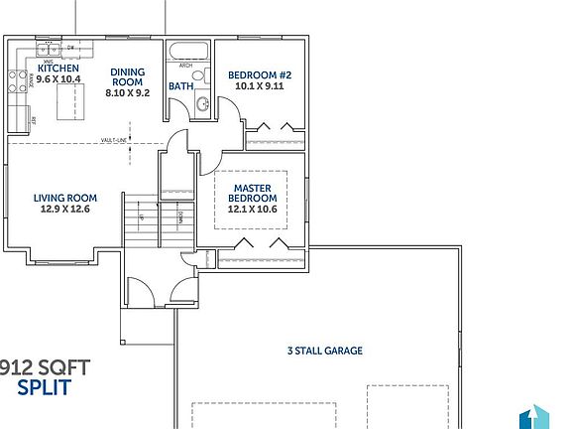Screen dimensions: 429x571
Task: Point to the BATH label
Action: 180,86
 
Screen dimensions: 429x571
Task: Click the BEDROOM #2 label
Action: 259,74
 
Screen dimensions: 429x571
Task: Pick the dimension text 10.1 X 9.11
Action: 259,86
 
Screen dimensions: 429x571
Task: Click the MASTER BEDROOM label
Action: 253,192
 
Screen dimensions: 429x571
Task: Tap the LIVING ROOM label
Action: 64,197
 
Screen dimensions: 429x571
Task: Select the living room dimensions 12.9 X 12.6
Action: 64,209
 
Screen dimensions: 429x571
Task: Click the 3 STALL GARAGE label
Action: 325,351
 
